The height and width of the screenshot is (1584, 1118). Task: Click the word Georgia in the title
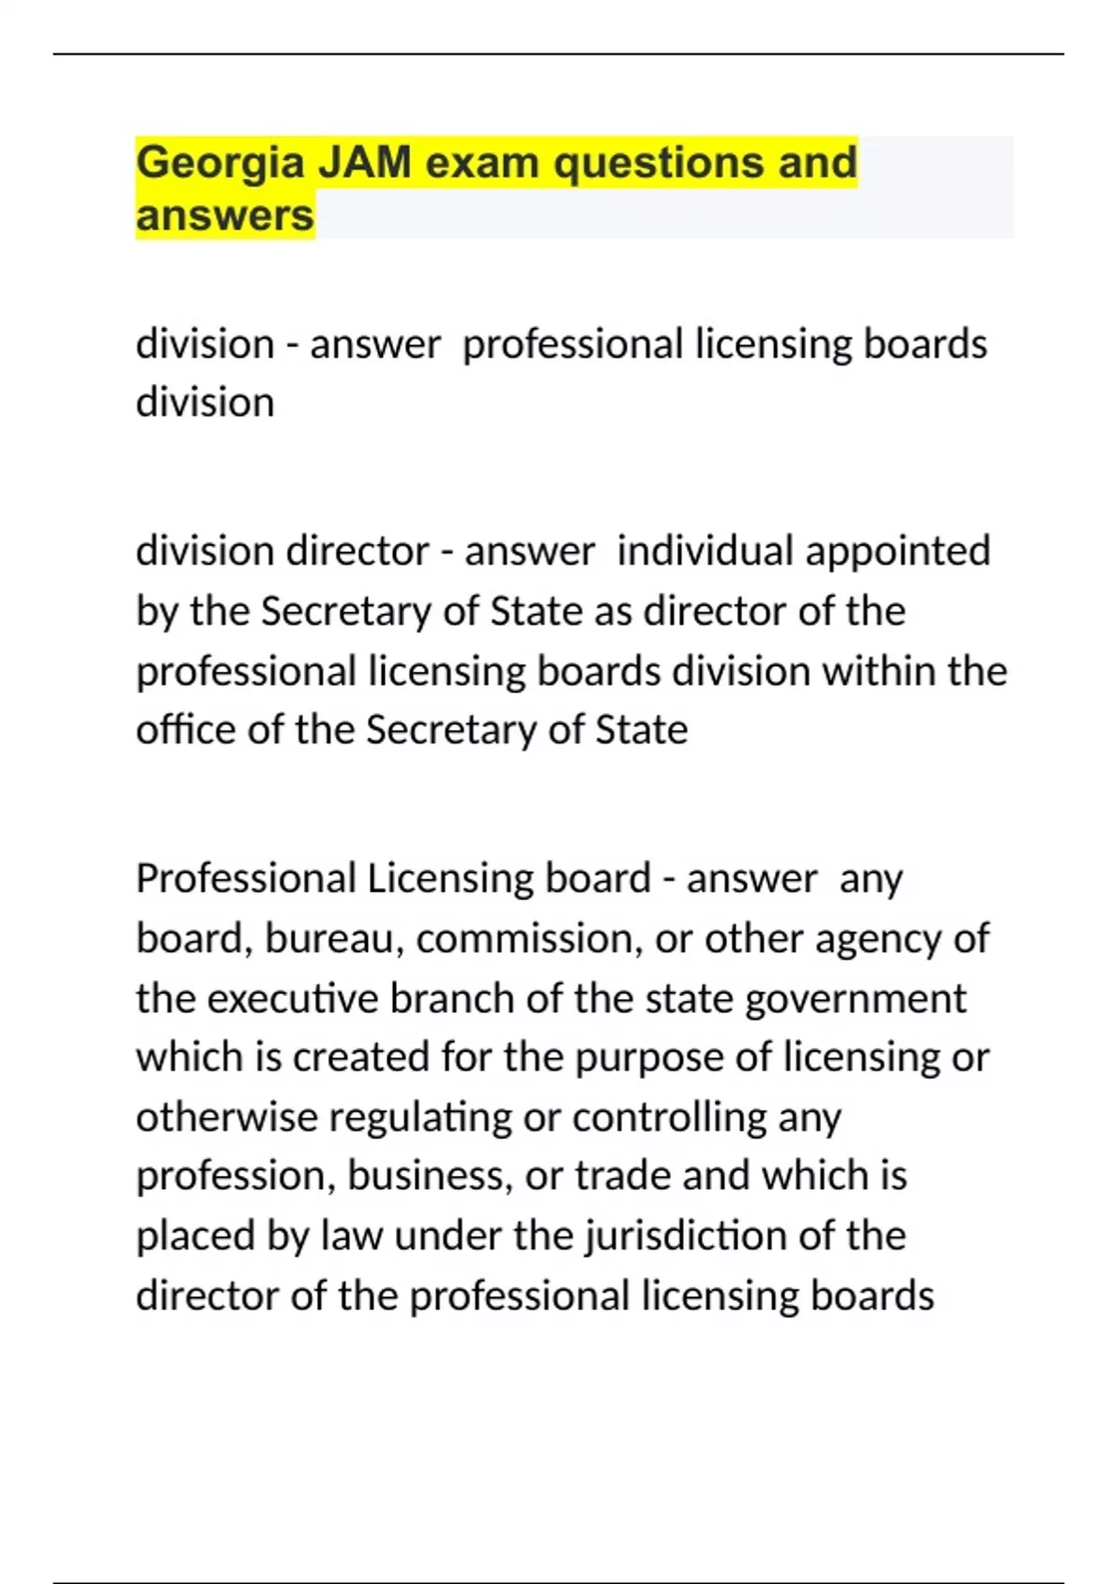pos(220,163)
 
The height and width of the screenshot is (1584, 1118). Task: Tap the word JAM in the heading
pos(365,162)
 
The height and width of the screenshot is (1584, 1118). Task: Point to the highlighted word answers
pos(225,215)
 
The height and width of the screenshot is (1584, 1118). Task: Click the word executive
pos(293,998)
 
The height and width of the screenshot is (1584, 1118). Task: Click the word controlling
pos(669,1116)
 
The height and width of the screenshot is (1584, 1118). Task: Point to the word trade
pos(622,1176)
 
